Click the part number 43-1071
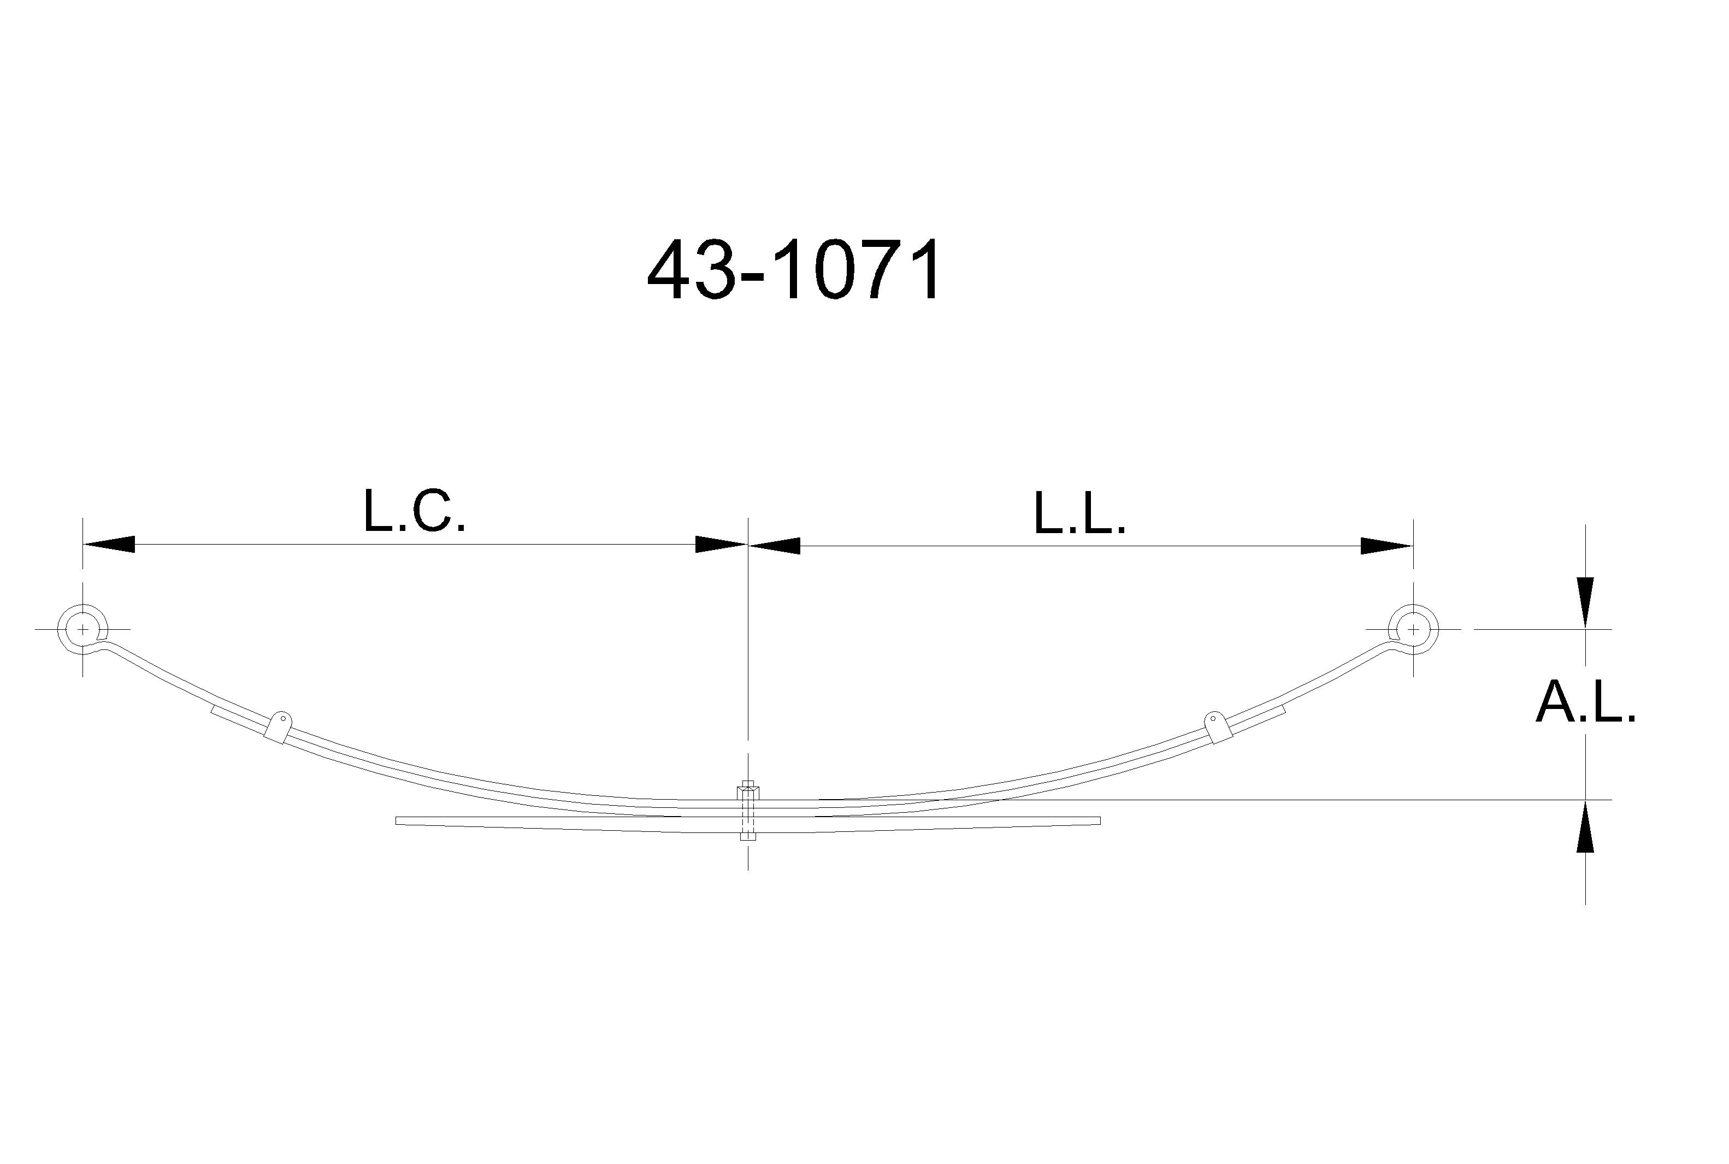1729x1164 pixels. click(794, 270)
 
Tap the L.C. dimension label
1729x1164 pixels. click(414, 511)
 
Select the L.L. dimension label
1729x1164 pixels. click(1079, 513)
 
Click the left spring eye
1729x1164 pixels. click(83, 629)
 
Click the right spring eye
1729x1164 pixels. click(1413, 629)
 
